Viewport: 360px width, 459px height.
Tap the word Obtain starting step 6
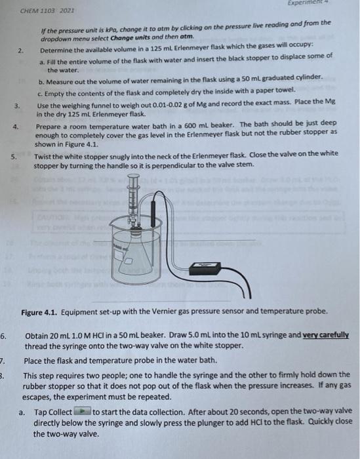coord(37,335)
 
